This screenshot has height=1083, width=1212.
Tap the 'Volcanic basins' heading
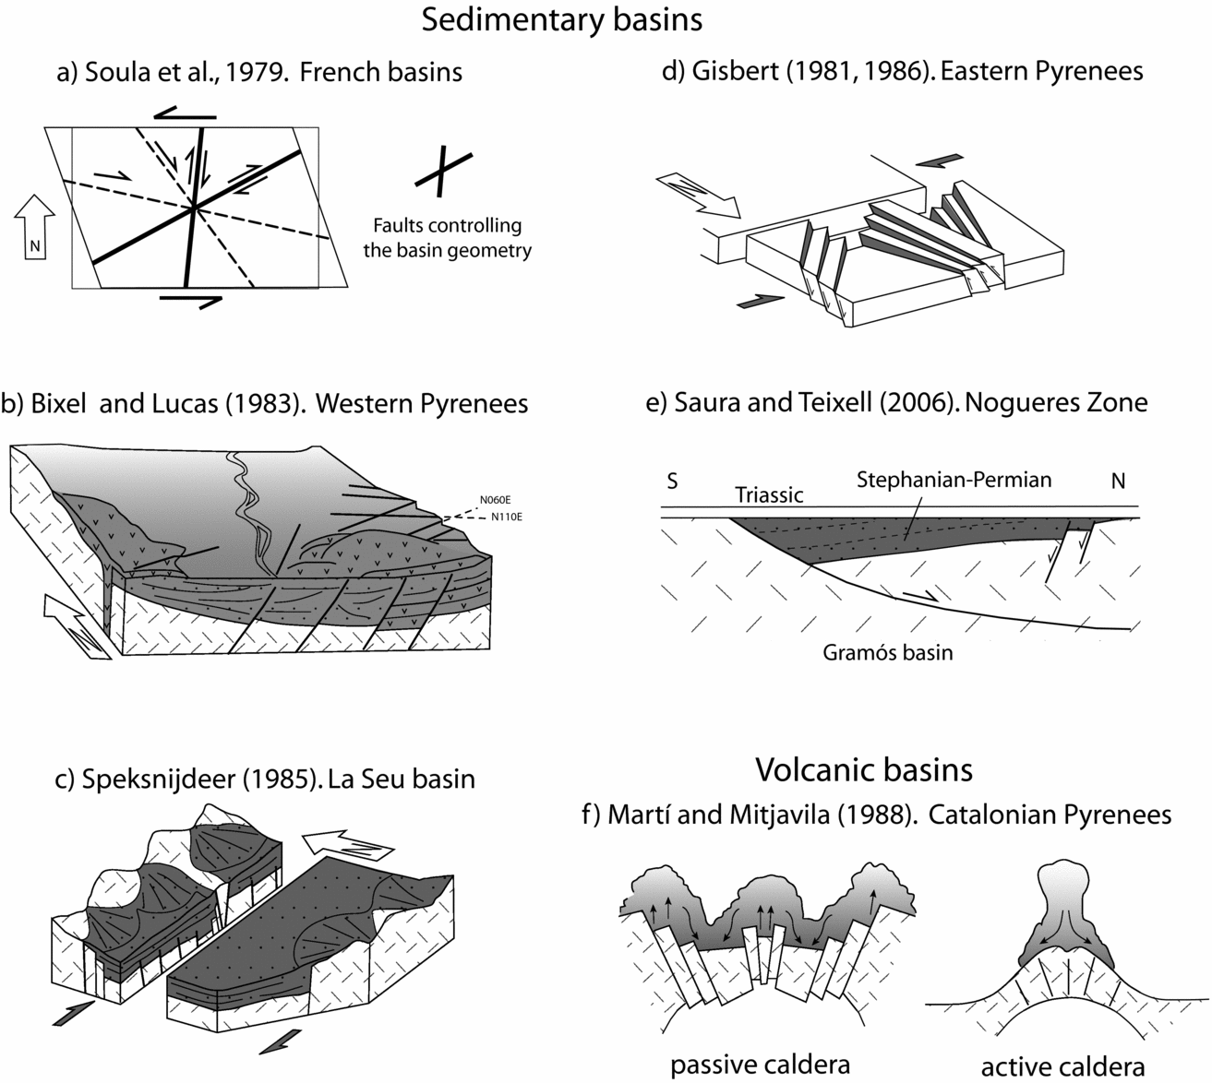pyautogui.click(x=864, y=768)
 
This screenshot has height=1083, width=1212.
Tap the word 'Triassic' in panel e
pyautogui.click(x=769, y=495)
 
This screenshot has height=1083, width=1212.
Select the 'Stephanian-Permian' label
pyautogui.click(x=954, y=480)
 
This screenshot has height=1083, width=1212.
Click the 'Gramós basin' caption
pyautogui.click(x=887, y=653)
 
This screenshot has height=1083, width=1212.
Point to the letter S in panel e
pyautogui.click(x=673, y=482)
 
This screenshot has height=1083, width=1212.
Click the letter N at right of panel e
pyautogui.click(x=1118, y=482)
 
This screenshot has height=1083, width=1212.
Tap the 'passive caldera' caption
pyautogui.click(x=760, y=1065)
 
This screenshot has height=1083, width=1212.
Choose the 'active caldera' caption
pyautogui.click(x=1062, y=1066)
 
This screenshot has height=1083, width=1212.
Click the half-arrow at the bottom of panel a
pyautogui.click(x=192, y=300)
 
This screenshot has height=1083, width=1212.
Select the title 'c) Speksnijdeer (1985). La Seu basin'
pyautogui.click(x=266, y=779)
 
